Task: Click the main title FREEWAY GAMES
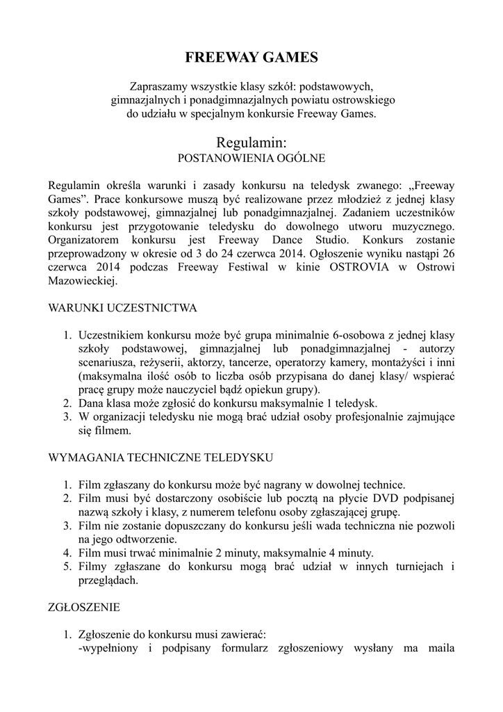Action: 251,58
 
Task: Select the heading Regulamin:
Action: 251,142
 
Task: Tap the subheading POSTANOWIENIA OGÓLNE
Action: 251,159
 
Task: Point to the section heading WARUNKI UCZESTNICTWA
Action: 122,307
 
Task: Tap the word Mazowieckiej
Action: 82,282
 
